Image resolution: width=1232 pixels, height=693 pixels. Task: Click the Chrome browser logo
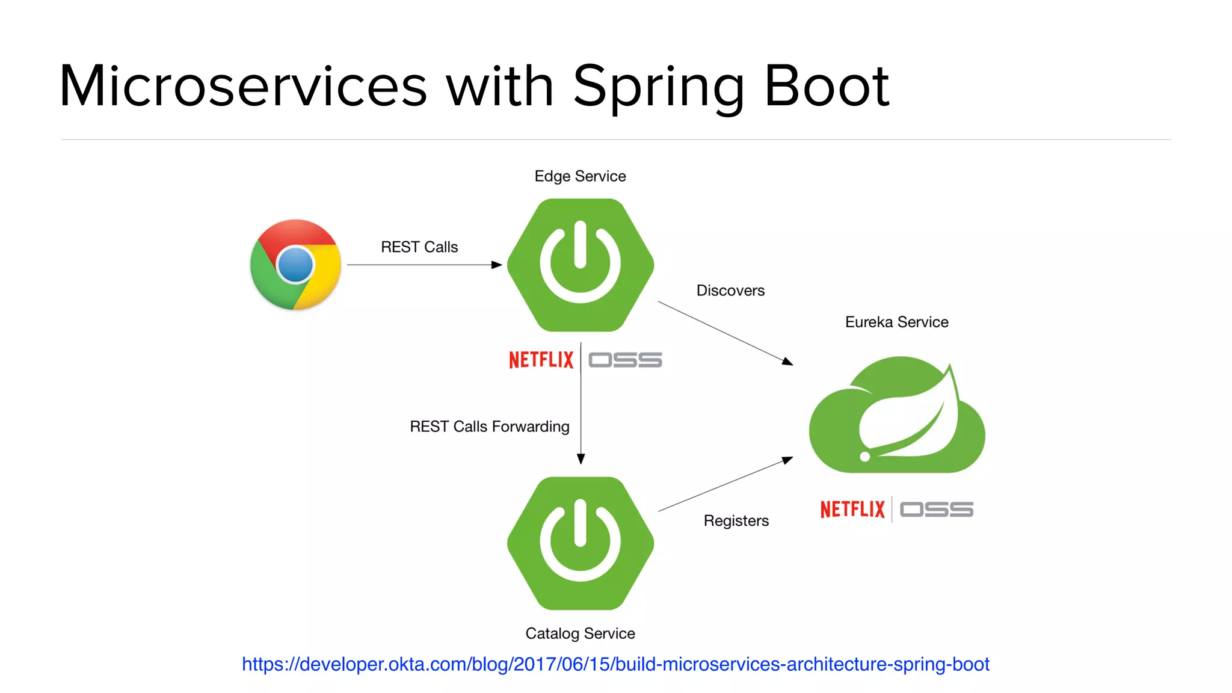pyautogui.click(x=295, y=265)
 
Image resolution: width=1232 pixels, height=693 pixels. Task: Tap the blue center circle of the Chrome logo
pyautogui.click(x=295, y=265)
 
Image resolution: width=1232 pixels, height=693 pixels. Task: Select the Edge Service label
pyautogui.click(x=580, y=176)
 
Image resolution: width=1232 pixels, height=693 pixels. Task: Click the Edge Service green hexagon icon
pyautogui.click(x=581, y=265)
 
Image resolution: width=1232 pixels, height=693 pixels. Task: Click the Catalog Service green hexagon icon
pyautogui.click(x=581, y=543)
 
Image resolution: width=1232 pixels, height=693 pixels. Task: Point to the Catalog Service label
pyautogui.click(x=580, y=633)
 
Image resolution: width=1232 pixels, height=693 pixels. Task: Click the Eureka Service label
pyautogui.click(x=896, y=322)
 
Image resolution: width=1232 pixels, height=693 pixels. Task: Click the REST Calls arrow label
pyautogui.click(x=419, y=247)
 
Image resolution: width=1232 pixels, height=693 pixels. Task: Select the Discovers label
pyautogui.click(x=730, y=291)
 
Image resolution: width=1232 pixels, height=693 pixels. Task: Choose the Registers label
pyautogui.click(x=736, y=521)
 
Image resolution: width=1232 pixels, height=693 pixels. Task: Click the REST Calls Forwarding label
pyautogui.click(x=489, y=427)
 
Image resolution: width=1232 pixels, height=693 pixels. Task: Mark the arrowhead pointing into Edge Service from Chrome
pyautogui.click(x=496, y=265)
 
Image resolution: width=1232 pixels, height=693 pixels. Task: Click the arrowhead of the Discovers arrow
pyautogui.click(x=787, y=362)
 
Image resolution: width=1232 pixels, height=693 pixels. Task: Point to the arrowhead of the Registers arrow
pyautogui.click(x=787, y=460)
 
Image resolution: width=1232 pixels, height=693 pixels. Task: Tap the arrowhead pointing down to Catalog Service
pyautogui.click(x=581, y=459)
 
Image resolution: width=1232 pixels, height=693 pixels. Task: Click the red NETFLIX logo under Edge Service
pyautogui.click(x=541, y=360)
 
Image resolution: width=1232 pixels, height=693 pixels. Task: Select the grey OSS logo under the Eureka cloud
pyautogui.click(x=936, y=510)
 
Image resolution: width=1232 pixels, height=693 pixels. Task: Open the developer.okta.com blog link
pyautogui.click(x=615, y=664)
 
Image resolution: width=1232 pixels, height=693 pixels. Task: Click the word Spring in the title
pyautogui.click(x=659, y=87)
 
